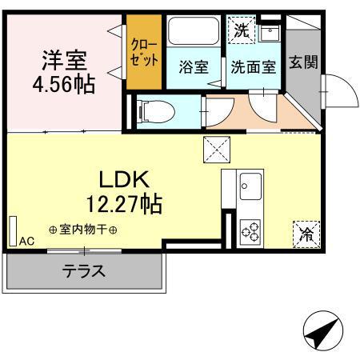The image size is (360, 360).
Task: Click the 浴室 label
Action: [194, 68]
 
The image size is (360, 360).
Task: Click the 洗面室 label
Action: [253, 68]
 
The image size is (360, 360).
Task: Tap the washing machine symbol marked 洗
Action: [242, 31]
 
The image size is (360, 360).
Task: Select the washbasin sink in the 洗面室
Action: [270, 34]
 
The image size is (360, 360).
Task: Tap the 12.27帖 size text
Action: [126, 203]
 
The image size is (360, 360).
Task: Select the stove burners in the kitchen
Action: [250, 230]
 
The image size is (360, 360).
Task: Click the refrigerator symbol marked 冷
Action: [306, 234]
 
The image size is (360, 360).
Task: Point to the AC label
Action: [26, 240]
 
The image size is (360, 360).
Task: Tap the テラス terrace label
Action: [83, 271]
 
